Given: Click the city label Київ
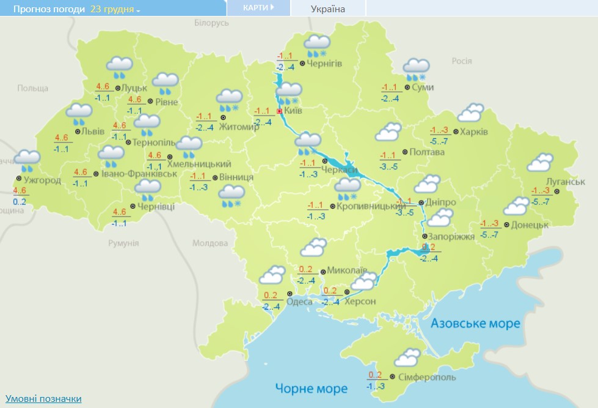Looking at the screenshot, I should pyautogui.click(x=294, y=112).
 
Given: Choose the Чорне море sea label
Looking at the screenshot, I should pyautogui.click(x=311, y=388).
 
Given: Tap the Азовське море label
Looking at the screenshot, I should pyautogui.click(x=475, y=323).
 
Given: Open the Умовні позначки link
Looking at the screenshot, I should pyautogui.click(x=43, y=399).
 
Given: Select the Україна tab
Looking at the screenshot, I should pyautogui.click(x=327, y=9).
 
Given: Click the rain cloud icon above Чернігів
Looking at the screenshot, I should pyautogui.click(x=318, y=45).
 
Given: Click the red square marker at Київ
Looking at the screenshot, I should pyautogui.click(x=279, y=111).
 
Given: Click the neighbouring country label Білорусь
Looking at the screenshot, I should pyautogui.click(x=211, y=23).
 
